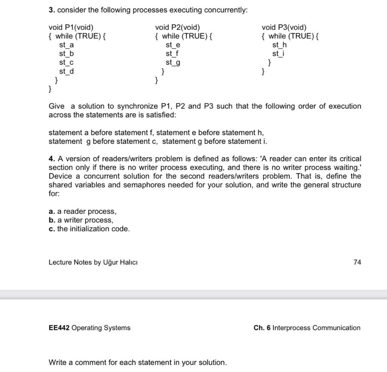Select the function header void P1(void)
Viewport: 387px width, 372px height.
pos(71,27)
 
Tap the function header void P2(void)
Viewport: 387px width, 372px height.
pos(178,27)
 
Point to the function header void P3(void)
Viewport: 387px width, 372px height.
pos(284,27)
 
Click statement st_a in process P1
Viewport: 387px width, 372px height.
pos(66,45)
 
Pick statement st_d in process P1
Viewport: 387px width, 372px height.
pos(66,71)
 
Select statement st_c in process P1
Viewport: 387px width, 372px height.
pos(66,62)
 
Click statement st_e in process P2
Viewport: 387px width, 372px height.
pos(173,45)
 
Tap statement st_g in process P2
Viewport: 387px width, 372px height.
pos(173,62)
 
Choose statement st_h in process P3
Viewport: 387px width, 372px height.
pos(279,45)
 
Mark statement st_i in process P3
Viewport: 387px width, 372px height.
pos(279,54)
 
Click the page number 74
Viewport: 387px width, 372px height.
pos(357,262)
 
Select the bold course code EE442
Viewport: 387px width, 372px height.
pos(59,328)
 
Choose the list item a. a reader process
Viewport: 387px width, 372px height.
pos(82,211)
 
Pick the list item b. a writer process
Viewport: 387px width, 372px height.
pos(81,220)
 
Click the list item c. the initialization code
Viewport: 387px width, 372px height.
pos(89,228)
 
